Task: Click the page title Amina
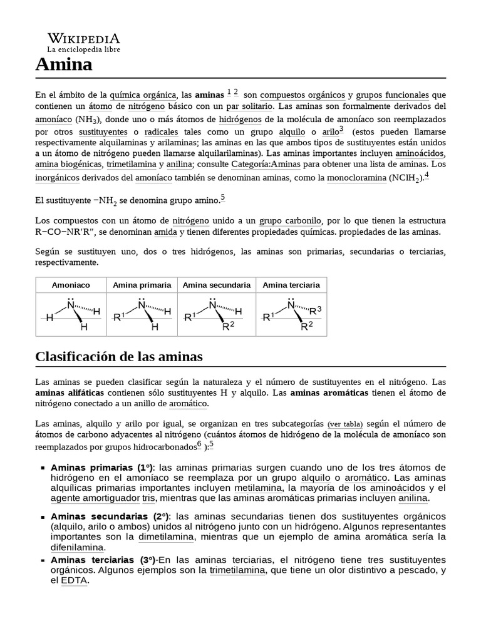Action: point(64,64)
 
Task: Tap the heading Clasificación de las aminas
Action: point(119,357)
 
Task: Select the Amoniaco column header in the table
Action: point(71,285)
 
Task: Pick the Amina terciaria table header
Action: point(291,285)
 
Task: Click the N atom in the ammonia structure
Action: point(71,305)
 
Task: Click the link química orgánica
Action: point(143,95)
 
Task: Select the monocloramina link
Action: point(353,178)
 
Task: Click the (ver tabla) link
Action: point(344,424)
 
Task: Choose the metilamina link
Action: point(258,488)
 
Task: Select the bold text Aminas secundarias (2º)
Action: point(110,516)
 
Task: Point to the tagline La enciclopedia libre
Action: point(83,49)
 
